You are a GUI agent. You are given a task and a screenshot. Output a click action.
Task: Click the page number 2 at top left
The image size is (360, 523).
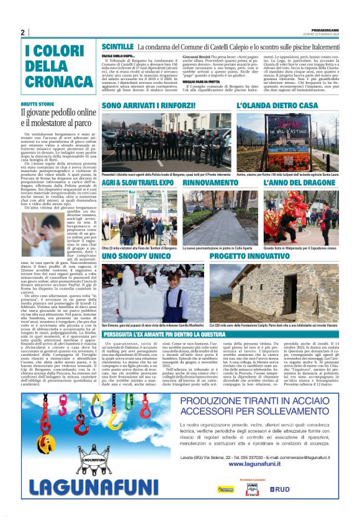coord(22,33)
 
